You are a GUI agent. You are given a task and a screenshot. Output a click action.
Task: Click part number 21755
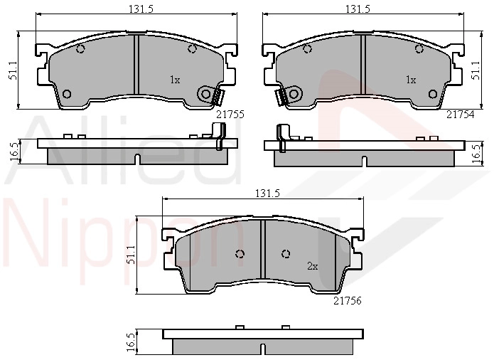coord(230,114)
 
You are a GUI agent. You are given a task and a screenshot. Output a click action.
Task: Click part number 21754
coord(460,115)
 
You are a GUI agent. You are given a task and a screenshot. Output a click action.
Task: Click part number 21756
coord(348,301)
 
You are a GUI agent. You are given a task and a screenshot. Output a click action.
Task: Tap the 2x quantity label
coord(312,267)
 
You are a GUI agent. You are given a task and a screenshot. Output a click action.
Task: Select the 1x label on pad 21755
coord(175,80)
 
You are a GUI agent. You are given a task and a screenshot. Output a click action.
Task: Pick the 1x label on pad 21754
coord(411,80)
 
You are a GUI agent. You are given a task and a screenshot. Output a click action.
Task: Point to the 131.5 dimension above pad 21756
coord(267,193)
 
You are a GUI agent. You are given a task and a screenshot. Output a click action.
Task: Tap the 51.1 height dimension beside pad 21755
coord(14,72)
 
